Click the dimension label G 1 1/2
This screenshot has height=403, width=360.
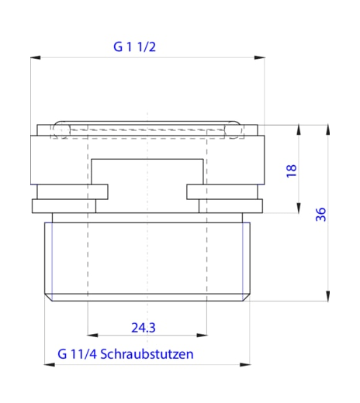[x=136, y=46]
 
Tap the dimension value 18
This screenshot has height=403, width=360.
[x=291, y=170]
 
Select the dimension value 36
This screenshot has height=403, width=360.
[x=320, y=215]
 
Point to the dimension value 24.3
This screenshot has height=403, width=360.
[x=144, y=328]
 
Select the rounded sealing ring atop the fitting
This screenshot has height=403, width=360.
[x=147, y=129]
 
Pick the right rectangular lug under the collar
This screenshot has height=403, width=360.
[x=225, y=191]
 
